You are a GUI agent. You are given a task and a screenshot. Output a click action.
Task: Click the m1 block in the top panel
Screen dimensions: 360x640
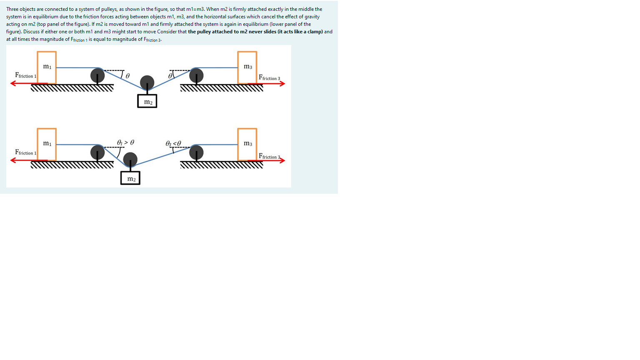[x=47, y=67]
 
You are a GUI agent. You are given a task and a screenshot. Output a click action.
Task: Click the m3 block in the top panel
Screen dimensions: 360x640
[x=247, y=67]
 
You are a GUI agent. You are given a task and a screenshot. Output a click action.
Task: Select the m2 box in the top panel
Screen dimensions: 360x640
[x=147, y=101]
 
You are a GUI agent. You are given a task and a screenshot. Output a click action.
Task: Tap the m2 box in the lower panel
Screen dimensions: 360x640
[x=130, y=178]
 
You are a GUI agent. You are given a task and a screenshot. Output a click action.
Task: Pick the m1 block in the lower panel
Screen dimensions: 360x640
[x=47, y=144]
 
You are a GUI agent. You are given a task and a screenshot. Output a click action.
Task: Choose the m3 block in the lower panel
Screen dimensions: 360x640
[x=247, y=144]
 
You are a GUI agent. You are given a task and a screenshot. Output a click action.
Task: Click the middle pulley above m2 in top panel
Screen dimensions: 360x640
[x=147, y=82]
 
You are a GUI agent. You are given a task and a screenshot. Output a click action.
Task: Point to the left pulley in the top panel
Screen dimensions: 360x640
[x=97, y=75]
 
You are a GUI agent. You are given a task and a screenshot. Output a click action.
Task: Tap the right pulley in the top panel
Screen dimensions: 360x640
[x=196, y=75]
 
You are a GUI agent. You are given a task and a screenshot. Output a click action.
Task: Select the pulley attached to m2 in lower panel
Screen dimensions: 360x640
[x=130, y=159]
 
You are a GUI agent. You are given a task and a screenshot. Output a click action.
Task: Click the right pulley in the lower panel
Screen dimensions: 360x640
[x=196, y=152]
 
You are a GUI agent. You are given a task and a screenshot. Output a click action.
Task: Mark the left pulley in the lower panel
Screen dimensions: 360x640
[x=97, y=152]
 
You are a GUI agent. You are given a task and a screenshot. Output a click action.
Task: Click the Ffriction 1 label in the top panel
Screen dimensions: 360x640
[x=25, y=75]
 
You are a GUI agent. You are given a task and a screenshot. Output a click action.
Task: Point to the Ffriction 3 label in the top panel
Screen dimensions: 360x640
[x=269, y=77]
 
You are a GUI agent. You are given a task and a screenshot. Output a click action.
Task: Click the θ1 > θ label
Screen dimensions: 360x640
[x=125, y=142]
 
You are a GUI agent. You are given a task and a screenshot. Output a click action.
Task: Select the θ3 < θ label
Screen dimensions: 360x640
[x=173, y=143]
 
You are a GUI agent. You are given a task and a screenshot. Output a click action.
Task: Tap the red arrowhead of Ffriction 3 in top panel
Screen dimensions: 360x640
[x=282, y=84]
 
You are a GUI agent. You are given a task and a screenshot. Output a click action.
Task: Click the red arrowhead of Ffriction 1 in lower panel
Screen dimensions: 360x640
[x=13, y=160]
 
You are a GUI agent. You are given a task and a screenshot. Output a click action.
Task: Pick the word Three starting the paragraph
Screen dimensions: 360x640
[x=12, y=9]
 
